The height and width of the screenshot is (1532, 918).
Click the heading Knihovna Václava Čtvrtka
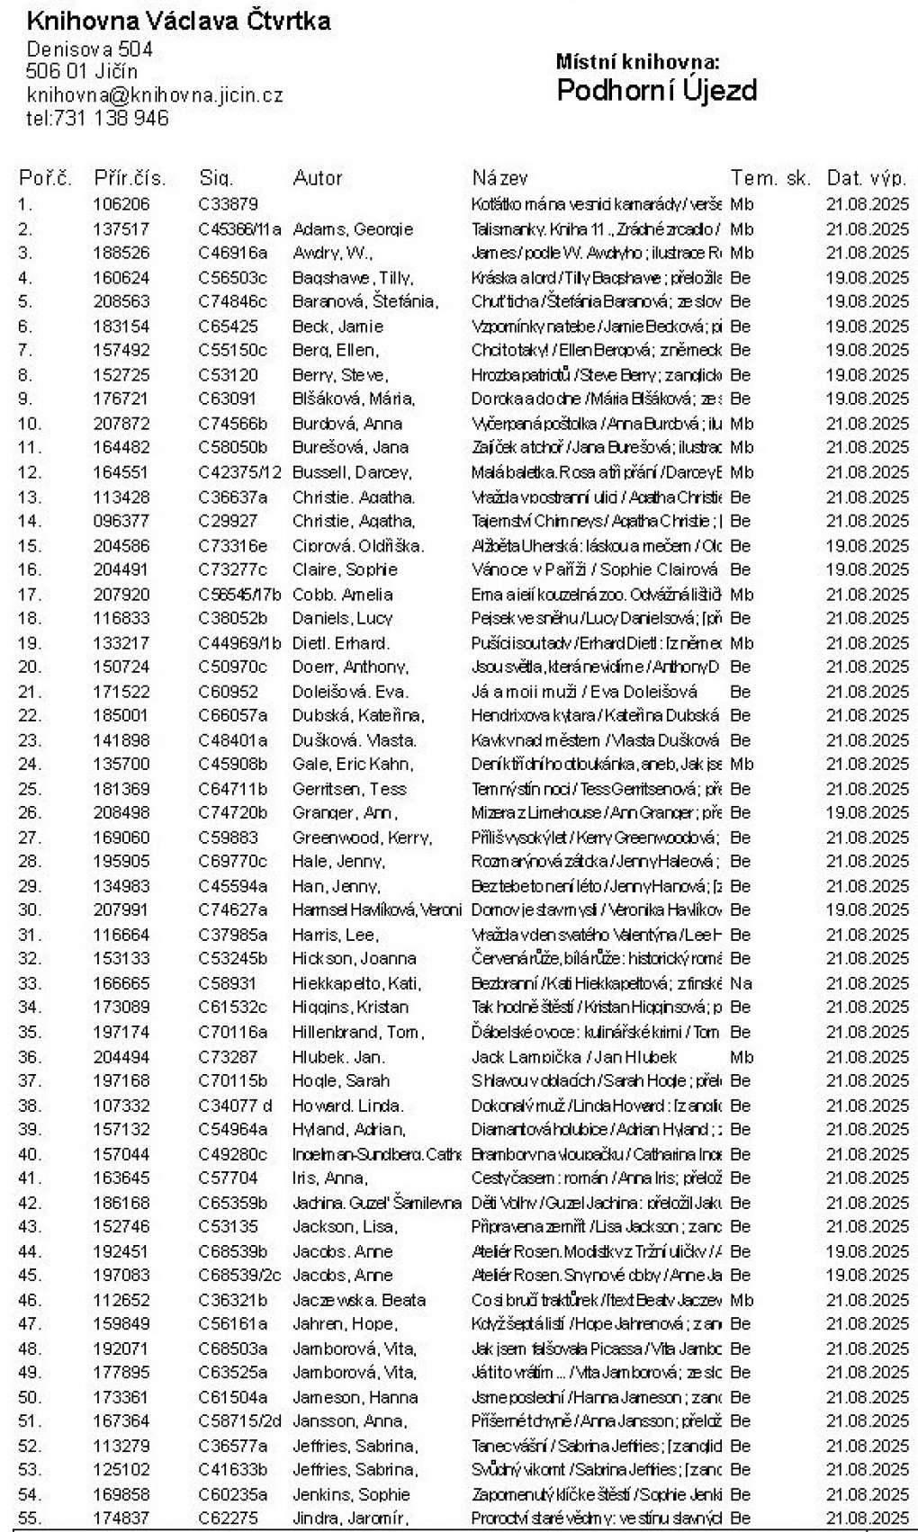pyautogui.click(x=178, y=22)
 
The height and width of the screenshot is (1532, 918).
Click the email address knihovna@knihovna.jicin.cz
pyautogui.click(x=155, y=94)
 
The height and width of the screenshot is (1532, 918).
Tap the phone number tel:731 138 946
pyautogui.click(x=97, y=118)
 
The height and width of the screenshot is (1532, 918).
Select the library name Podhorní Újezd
pyautogui.click(x=656, y=90)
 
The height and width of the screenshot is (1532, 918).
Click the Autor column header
pyautogui.click(x=318, y=178)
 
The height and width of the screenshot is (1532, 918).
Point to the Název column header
pyautogui.click(x=499, y=178)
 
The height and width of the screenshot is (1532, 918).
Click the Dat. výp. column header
pyautogui.click(x=867, y=178)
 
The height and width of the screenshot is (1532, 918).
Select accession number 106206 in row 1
pyautogui.click(x=121, y=204)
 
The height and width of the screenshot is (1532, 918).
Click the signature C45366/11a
pyautogui.click(x=239, y=229)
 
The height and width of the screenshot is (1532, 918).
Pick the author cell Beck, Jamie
pyautogui.click(x=337, y=327)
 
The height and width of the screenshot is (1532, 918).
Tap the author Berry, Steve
pyautogui.click(x=339, y=375)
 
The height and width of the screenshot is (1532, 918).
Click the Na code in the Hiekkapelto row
pyautogui.click(x=741, y=983)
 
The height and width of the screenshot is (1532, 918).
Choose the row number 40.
pyautogui.click(x=30, y=1154)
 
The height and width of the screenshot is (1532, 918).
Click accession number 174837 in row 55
pyautogui.click(x=121, y=1519)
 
